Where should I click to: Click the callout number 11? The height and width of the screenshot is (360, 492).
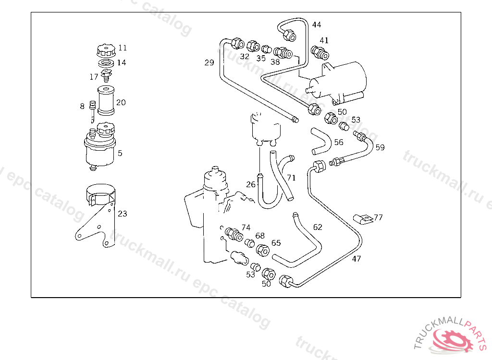click(x=123, y=48)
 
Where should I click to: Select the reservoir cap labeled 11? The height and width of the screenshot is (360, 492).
click(x=106, y=51)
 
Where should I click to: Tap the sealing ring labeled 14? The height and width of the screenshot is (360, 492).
click(x=106, y=63)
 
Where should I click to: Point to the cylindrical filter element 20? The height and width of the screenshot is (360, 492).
click(x=106, y=101)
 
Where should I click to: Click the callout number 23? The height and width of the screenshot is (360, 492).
click(x=123, y=214)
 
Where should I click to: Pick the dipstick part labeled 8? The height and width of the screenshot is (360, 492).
click(x=92, y=112)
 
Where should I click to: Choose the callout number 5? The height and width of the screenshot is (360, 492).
click(x=120, y=153)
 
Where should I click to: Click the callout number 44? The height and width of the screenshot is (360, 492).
click(x=317, y=24)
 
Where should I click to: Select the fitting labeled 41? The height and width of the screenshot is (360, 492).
click(x=320, y=53)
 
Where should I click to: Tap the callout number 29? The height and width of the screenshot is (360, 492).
click(x=209, y=63)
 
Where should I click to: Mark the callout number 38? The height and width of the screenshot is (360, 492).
click(x=275, y=62)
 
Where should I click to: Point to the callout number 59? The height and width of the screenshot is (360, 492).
click(x=380, y=147)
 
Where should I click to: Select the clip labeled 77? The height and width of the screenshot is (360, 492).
click(x=363, y=219)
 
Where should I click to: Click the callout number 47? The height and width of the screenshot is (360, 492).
click(x=357, y=259)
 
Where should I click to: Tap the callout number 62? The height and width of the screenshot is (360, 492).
click(x=318, y=227)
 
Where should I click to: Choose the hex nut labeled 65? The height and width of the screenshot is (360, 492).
click(x=263, y=250)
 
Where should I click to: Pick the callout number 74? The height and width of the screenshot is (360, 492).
click(x=246, y=228)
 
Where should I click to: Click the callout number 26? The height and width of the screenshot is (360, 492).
click(x=251, y=184)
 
